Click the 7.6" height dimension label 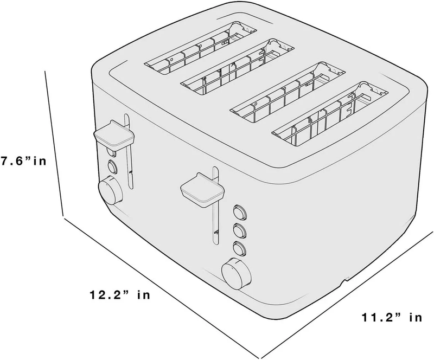[x=23, y=161]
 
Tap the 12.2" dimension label [x=119, y=295]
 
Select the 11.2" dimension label [x=392, y=317]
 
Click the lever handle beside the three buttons [x=202, y=190]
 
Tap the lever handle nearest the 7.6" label [x=114, y=136]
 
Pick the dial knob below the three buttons [x=236, y=274]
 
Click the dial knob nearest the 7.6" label [x=111, y=190]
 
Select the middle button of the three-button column [x=240, y=230]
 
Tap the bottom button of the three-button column [x=240, y=248]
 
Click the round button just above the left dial [x=112, y=167]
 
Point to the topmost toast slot [x=200, y=48]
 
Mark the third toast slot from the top [x=288, y=92]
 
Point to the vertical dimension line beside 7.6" [x=55, y=143]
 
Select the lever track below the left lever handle [x=130, y=169]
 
